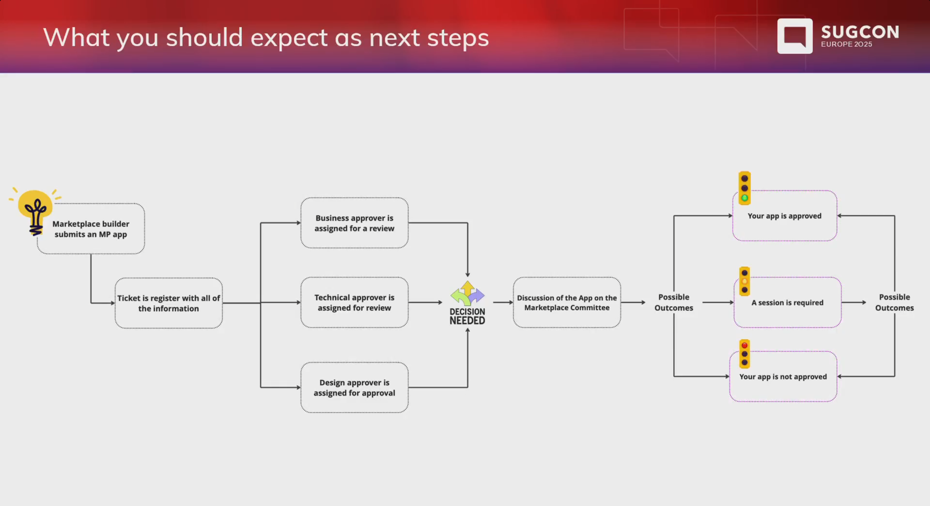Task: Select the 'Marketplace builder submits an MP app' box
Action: [x=91, y=229]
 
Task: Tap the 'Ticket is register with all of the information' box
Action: [x=169, y=303]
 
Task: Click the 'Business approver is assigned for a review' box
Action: [x=354, y=223]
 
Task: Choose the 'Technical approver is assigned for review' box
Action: [x=354, y=302]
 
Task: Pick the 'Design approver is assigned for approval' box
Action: [x=354, y=387]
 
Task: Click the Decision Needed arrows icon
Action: [x=468, y=293]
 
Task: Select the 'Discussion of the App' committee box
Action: [x=567, y=302]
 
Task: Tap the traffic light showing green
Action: [x=744, y=188]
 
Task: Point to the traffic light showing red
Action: [x=744, y=354]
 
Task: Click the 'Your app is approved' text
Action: [x=784, y=216]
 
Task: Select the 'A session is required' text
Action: [x=787, y=303]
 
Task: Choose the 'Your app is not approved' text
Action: [x=783, y=377]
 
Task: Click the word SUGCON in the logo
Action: [x=860, y=32]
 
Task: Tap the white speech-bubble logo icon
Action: [x=795, y=36]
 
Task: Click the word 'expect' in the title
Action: [x=289, y=38]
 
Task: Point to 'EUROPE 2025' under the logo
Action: [x=846, y=44]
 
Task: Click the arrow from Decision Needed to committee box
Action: [x=503, y=302]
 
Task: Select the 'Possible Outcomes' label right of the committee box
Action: [x=674, y=302]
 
